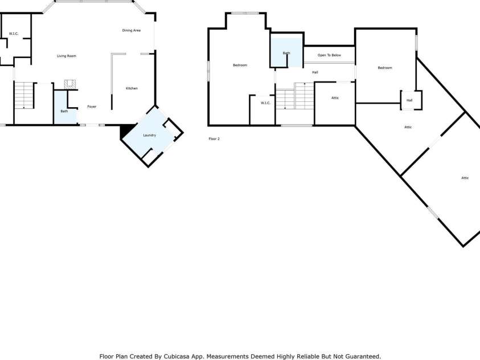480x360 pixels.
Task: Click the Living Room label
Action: click(67, 56)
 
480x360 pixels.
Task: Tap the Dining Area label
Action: click(132, 30)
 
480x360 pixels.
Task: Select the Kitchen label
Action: click(132, 88)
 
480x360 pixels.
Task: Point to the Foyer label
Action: click(92, 107)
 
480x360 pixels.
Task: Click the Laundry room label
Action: click(149, 135)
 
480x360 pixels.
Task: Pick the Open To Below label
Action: click(329, 55)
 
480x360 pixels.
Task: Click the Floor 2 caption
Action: click(214, 138)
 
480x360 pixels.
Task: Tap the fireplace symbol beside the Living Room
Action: click(70, 84)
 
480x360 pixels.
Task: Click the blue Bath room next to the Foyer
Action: click(64, 107)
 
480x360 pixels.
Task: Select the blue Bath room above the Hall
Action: click(286, 52)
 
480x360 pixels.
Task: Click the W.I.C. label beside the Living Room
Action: click(14, 34)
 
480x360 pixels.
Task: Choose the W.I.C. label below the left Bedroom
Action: click(265, 103)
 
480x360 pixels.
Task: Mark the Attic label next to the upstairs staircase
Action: click(335, 98)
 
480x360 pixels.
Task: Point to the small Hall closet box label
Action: click(409, 100)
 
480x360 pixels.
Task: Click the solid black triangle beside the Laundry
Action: click(126, 130)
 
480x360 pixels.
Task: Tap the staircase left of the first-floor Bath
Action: click(24, 95)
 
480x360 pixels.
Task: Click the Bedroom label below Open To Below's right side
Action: click(385, 68)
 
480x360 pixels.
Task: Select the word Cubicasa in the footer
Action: click(177, 357)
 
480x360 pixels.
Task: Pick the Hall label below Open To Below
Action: click(315, 72)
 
